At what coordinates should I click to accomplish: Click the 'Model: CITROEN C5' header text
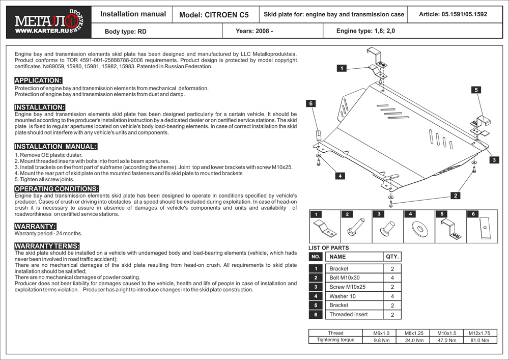click(x=214, y=15)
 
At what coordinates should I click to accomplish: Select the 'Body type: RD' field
click(x=125, y=32)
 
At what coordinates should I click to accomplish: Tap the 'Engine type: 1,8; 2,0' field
click(x=365, y=31)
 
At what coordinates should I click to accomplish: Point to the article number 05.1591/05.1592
click(x=453, y=14)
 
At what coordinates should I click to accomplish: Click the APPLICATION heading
click(x=38, y=80)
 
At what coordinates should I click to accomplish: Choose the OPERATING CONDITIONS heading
click(x=56, y=189)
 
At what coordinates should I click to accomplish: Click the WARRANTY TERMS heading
click(x=47, y=246)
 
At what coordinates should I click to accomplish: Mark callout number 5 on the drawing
click(x=476, y=90)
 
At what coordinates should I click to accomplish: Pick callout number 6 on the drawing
click(x=310, y=103)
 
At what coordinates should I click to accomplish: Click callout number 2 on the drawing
click(x=455, y=195)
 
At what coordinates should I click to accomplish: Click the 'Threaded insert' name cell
click(x=348, y=315)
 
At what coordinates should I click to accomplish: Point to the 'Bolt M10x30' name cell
click(x=345, y=278)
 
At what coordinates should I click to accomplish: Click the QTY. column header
click(x=392, y=257)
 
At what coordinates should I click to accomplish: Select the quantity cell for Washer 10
click(x=392, y=296)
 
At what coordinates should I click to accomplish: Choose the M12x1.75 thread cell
click(x=479, y=333)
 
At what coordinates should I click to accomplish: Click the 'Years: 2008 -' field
click(x=254, y=31)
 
